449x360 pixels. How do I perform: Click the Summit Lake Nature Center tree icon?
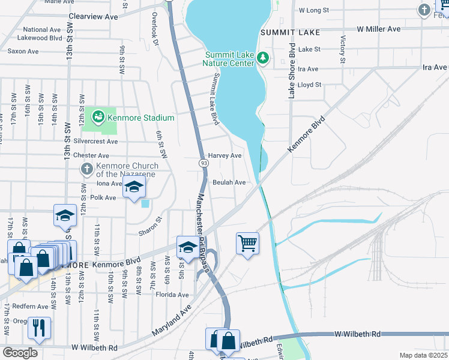coord(262,58)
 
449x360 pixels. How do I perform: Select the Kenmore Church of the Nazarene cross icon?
coord(86,169)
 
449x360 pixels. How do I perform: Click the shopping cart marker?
coord(247,243)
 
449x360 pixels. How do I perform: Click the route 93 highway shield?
coord(204,163)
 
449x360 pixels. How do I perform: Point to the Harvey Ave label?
coord(224,155)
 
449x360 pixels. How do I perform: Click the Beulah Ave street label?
coord(229,182)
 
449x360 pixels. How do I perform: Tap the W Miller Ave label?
coord(378,29)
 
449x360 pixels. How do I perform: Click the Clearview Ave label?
coord(93,17)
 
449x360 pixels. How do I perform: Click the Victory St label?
coord(343,49)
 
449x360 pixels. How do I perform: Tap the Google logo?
coord(20,353)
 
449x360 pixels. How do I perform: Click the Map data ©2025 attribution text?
coord(423,355)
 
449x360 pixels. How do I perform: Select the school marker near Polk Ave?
coord(134,187)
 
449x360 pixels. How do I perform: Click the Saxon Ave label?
coord(23,52)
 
